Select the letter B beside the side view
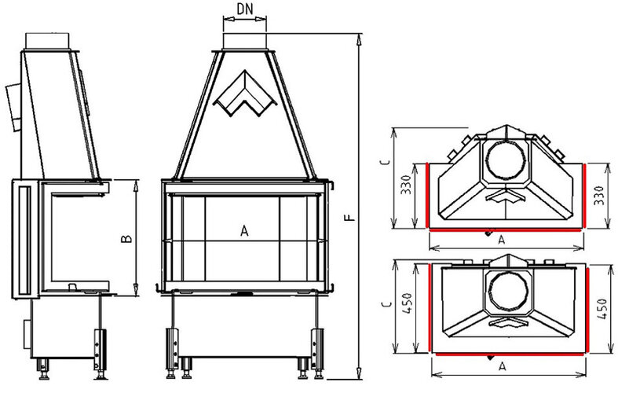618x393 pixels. pos(126,237)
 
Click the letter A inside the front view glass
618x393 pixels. pos(243,231)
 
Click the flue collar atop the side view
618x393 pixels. pos(51,39)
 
